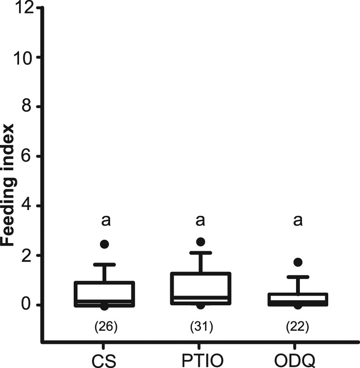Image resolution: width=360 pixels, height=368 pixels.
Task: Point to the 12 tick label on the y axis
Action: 24,8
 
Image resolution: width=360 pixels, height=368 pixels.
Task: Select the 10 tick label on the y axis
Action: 24,58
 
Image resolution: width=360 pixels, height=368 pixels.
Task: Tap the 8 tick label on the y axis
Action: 29,107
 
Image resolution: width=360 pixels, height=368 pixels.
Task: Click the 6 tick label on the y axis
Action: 29,157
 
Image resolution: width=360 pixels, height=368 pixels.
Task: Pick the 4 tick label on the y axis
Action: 29,206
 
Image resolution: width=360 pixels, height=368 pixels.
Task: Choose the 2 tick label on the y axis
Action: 29,255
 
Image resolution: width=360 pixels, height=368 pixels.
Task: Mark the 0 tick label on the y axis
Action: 29,305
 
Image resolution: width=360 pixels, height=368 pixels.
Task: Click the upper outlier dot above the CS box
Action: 104,244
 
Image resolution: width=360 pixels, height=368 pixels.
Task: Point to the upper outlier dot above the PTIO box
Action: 201,242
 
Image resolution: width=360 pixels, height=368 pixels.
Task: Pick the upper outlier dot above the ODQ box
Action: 298,262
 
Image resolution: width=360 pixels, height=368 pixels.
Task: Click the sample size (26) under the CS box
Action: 104,327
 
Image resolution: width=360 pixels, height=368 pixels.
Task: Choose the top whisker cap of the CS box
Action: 104,265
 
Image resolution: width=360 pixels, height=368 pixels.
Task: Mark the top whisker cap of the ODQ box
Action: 298,277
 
